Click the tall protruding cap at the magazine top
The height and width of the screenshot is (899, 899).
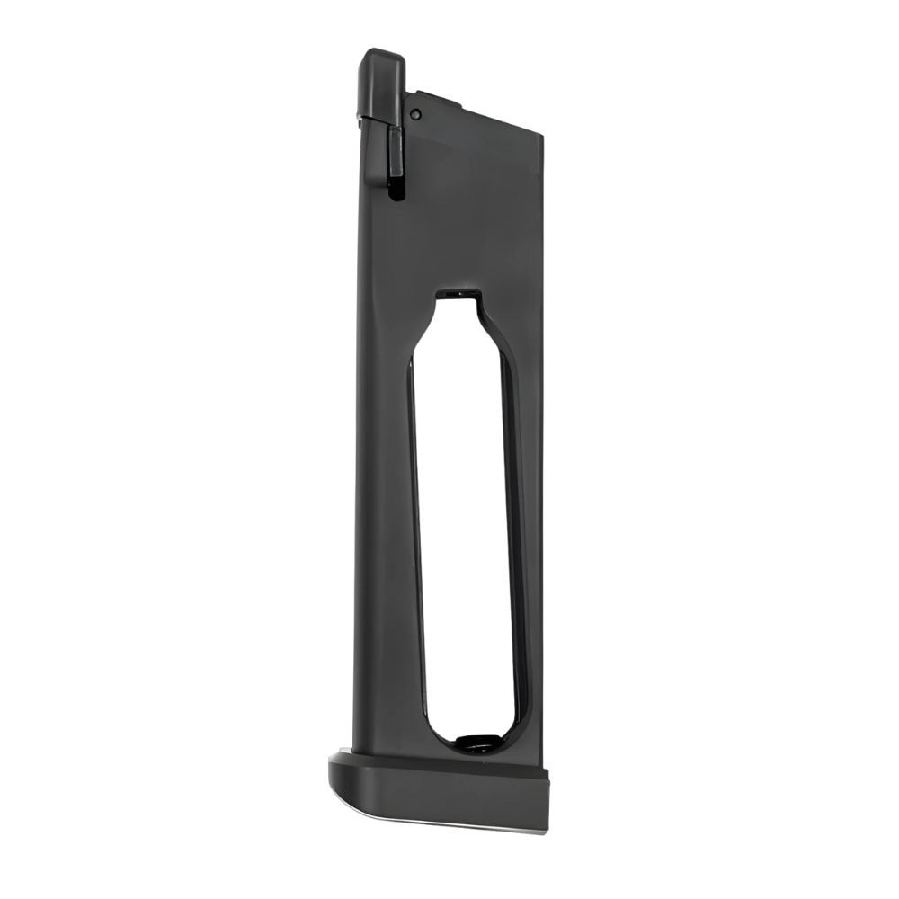click(x=381, y=81)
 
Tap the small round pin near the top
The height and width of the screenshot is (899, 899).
click(x=414, y=114)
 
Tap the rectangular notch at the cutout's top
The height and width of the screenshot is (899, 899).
click(x=458, y=293)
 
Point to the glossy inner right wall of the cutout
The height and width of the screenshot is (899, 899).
click(x=513, y=539)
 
